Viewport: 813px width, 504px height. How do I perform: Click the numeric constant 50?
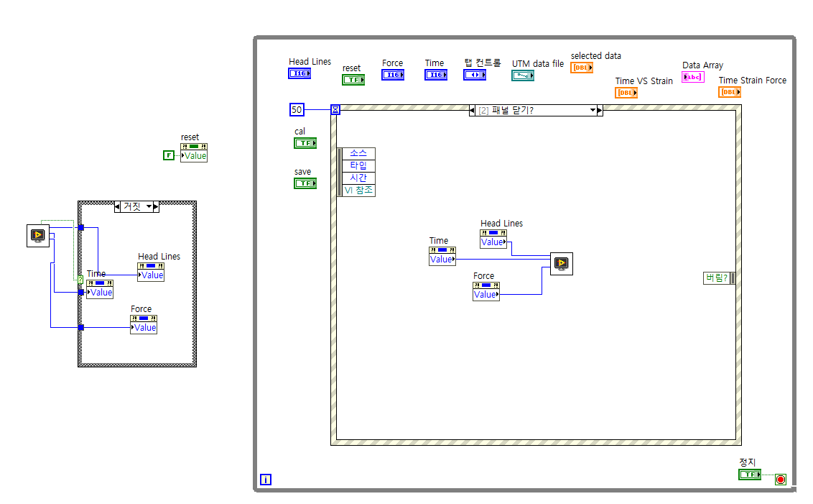tap(297, 109)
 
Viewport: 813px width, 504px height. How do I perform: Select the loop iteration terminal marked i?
tap(266, 480)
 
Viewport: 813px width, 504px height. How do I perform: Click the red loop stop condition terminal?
tap(781, 480)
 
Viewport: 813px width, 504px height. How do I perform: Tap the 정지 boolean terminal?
tap(750, 475)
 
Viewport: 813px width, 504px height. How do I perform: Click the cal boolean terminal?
tap(305, 143)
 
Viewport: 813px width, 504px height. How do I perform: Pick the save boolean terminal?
tap(305, 183)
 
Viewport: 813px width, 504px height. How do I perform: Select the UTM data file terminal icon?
tap(523, 75)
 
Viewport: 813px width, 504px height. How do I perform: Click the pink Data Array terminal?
tap(693, 77)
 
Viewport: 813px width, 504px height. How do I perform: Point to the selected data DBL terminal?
tap(582, 68)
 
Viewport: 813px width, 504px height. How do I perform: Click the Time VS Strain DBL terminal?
tap(626, 93)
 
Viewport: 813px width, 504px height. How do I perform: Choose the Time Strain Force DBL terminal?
tap(730, 92)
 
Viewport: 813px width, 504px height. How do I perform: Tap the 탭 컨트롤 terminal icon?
tap(475, 75)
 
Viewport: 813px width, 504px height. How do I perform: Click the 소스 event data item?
tap(358, 153)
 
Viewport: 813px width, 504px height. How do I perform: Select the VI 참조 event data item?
tap(358, 191)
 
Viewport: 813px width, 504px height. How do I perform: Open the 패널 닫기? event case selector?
tap(536, 110)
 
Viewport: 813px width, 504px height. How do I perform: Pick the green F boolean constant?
tap(169, 155)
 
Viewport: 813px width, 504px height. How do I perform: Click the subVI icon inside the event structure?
tap(561, 264)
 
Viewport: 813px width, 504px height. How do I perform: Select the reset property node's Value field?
tap(195, 156)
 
